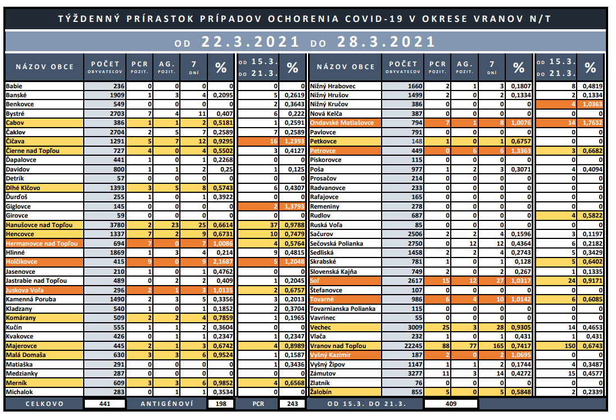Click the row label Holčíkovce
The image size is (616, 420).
coord(21,261)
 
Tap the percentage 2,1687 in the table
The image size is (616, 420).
coord(223,261)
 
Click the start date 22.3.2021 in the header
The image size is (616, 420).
coord(250,41)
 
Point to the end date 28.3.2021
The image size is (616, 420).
coord(386,41)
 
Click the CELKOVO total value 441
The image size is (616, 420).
coord(105,404)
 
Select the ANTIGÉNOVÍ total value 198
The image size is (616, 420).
coord(221,404)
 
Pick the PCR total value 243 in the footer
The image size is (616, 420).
coord(292,404)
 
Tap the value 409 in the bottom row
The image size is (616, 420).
coord(451,404)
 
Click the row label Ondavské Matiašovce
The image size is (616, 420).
coord(341,123)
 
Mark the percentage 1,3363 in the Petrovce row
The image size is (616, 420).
coord(520,151)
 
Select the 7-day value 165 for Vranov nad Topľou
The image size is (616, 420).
coord(498,346)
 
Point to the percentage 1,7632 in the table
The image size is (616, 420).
coord(592,123)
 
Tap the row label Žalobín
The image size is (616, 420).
coord(320,392)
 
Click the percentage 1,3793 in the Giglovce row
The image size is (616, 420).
coord(295,206)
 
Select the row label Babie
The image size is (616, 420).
coord(13,86)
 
